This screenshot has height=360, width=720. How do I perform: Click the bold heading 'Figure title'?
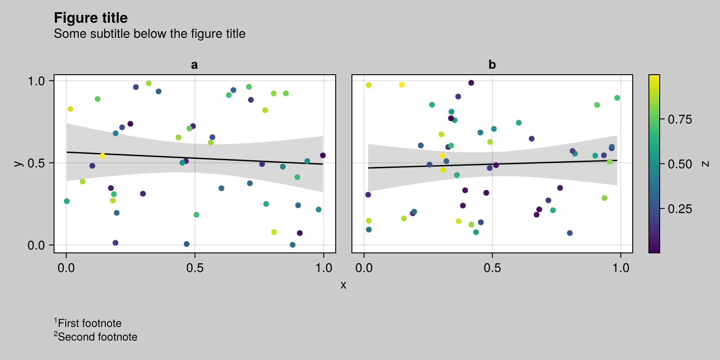pos(90,18)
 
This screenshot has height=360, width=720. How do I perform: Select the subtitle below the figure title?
pos(149,34)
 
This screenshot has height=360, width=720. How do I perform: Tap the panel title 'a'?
pos(194,65)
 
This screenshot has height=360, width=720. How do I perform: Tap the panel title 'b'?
pos(492,65)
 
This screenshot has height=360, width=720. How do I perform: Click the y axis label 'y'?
pos(18,163)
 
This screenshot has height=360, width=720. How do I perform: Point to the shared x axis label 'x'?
pos(343,285)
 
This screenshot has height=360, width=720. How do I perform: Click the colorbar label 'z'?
pos(706,164)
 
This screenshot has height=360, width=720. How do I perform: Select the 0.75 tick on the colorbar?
pos(679,119)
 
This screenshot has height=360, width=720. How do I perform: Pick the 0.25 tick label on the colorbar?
pos(679,209)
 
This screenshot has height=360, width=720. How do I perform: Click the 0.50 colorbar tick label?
pos(679,164)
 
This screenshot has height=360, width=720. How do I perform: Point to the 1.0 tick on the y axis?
pos(36,81)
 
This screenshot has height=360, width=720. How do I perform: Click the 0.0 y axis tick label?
pos(36,245)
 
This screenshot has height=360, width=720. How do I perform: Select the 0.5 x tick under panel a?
pos(195,268)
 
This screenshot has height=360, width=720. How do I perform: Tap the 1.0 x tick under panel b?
pos(621,268)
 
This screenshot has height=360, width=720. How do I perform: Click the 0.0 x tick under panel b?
pos(364,268)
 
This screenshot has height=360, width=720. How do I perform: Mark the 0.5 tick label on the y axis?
pos(36,163)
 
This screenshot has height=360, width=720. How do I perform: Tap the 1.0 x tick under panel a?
pos(324,268)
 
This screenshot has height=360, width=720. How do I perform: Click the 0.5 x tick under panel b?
pos(492,268)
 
